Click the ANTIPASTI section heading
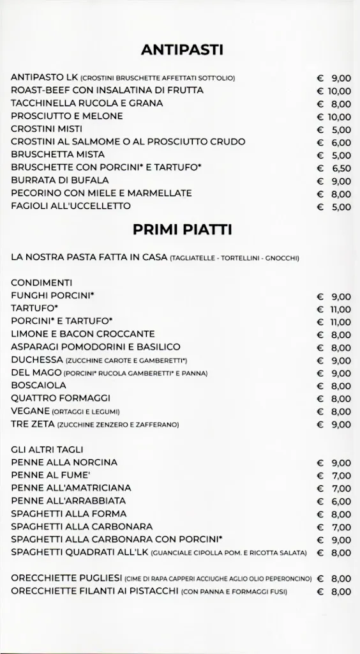(182, 50)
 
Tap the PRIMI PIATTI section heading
(182, 229)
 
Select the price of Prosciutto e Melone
(334, 116)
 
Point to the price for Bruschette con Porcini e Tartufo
(334, 168)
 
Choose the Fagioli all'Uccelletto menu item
(71, 206)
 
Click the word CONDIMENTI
(41, 282)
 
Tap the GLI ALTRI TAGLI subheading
(47, 450)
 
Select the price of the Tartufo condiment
(334, 309)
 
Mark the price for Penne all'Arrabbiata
(334, 501)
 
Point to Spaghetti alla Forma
(69, 514)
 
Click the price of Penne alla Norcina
(334, 463)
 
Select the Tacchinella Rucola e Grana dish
(87, 103)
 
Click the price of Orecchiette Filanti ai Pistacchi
(334, 591)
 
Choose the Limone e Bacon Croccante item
(83, 334)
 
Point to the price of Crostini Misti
(334, 130)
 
